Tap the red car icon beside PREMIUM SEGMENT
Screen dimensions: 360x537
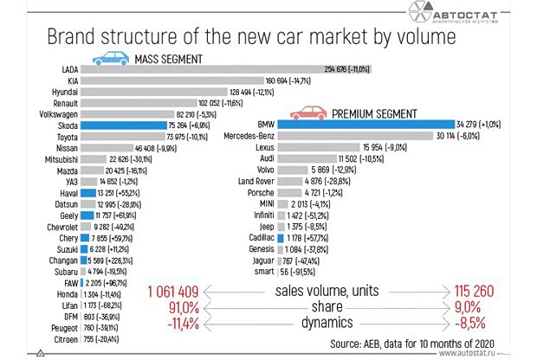click(309, 113)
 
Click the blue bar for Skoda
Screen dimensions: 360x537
click(124, 125)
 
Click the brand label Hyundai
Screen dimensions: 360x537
click(63, 92)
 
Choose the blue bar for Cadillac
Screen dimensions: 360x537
click(281, 238)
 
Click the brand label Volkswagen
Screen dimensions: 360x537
click(55, 114)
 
